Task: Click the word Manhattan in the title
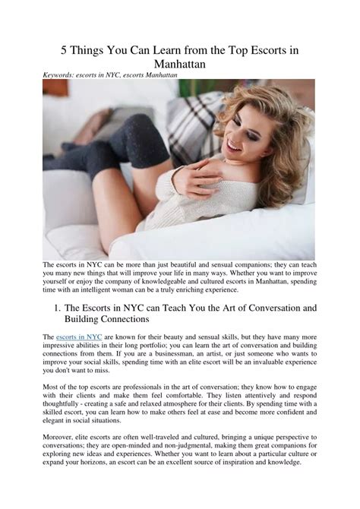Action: click(x=179, y=65)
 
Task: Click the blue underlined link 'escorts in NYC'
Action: click(x=77, y=336)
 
